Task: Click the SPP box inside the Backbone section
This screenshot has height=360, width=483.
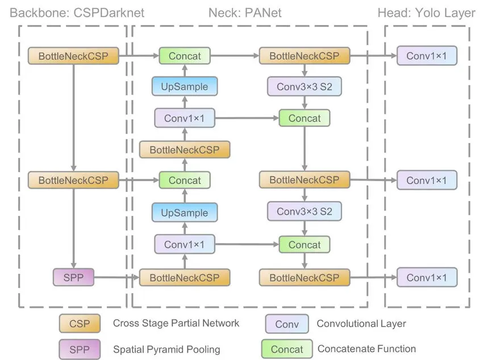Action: [73, 278]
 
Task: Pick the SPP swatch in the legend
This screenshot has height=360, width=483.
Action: [79, 349]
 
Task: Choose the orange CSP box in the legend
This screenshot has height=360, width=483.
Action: [79, 324]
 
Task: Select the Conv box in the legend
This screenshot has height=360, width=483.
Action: [286, 324]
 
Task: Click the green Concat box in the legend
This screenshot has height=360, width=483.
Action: [286, 349]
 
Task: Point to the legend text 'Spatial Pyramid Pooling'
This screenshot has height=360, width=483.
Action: [166, 349]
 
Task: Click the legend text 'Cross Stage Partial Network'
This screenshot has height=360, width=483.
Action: [176, 323]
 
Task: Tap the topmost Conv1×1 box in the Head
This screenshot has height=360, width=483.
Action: [426, 56]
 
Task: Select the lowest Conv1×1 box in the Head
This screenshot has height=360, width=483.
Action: [426, 278]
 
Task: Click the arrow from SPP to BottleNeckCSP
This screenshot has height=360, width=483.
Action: [116, 278]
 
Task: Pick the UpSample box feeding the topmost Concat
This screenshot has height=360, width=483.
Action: [185, 86]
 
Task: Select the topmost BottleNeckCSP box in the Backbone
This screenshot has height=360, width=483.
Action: [73, 56]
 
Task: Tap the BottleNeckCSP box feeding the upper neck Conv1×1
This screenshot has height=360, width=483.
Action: [185, 150]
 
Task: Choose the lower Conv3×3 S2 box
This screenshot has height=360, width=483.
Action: [305, 212]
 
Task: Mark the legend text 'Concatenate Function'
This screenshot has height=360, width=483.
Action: [367, 349]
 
